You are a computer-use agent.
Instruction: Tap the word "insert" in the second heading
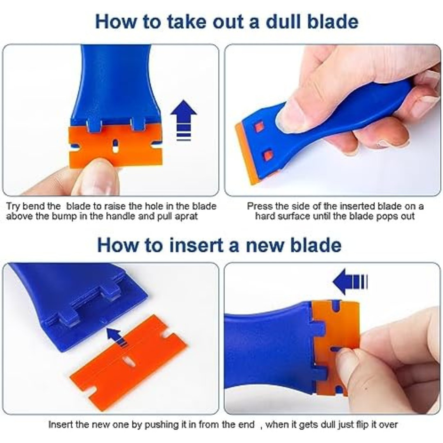coord(190,245)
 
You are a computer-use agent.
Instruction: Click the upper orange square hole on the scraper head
coord(259,126)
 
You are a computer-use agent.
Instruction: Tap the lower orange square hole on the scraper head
coord(268,155)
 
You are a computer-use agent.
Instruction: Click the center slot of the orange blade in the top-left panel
coord(115,146)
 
